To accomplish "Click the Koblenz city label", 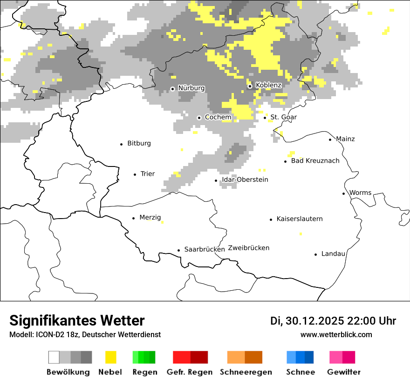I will [x=268, y=86].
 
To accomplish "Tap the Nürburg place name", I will [x=191, y=88].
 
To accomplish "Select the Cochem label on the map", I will [x=218, y=117].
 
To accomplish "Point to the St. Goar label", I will [x=283, y=117].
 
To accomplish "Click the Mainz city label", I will [x=345, y=139].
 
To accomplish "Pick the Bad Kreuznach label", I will [x=315, y=161].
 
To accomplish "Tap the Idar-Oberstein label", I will [x=245, y=180].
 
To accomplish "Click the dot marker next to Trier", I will [x=135, y=174].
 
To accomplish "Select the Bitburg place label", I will [x=139, y=143].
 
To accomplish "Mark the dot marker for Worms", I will [x=344, y=193].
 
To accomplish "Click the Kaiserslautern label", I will [x=299, y=219].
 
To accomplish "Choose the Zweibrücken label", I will [x=249, y=248].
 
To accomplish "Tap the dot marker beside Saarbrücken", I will [x=178, y=250].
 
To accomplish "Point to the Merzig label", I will [x=150, y=218].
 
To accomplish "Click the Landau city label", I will [x=333, y=254].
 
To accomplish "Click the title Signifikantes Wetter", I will [x=77, y=321].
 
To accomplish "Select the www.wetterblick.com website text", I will [x=336, y=335].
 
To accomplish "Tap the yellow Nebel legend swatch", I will [x=111, y=357].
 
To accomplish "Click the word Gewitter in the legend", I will [x=344, y=372].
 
